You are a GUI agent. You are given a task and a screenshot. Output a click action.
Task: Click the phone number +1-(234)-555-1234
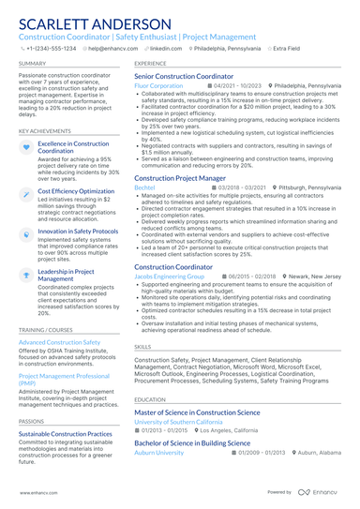click(51, 47)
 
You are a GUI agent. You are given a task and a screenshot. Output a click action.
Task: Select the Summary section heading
click(31, 63)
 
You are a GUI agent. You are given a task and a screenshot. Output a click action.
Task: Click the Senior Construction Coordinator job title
click(184, 76)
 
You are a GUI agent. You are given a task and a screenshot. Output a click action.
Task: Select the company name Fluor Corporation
click(158, 85)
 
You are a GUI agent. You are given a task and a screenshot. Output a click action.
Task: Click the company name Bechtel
click(144, 187)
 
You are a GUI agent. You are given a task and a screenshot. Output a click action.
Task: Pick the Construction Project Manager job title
click(180, 177)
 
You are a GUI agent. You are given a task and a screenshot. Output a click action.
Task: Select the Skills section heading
click(142, 346)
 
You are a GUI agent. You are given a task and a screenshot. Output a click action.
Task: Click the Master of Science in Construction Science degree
click(197, 412)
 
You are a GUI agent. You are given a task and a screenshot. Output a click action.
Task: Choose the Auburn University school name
click(158, 452)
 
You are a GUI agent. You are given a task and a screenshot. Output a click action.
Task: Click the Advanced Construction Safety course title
click(59, 343)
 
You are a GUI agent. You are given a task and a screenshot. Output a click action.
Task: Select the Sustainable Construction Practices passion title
click(66, 435)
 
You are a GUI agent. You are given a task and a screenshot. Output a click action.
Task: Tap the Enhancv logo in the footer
click(320, 492)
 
